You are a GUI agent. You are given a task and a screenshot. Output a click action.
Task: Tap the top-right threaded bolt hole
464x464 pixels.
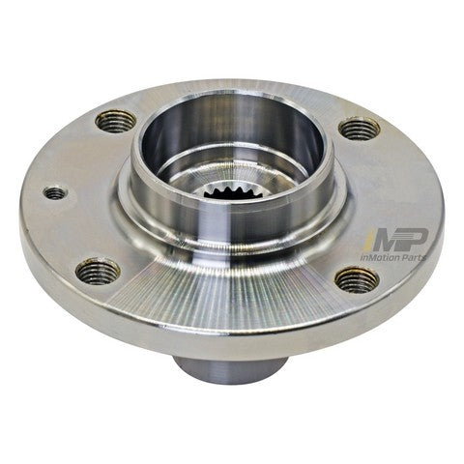tap(359, 128)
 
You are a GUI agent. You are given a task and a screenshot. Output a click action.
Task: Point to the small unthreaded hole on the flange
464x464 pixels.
tap(55, 193)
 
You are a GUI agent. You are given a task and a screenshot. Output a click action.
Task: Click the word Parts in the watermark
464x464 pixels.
tap(436, 285)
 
